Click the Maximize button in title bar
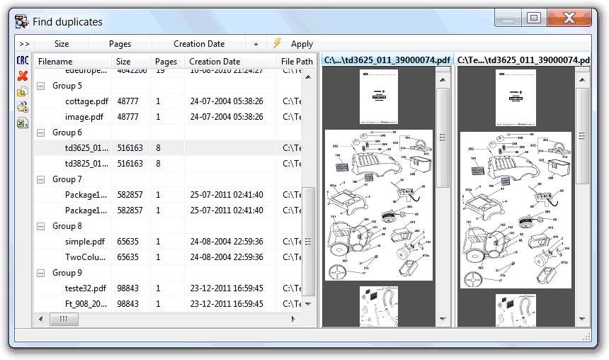click(534, 18)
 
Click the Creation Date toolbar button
click(199, 44)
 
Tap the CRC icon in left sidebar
click(23, 62)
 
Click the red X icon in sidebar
click(23, 76)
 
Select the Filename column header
click(55, 62)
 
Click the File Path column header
click(296, 62)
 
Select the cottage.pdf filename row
click(86, 101)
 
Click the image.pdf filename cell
click(84, 117)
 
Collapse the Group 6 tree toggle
click(40, 133)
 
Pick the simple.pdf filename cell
click(85, 242)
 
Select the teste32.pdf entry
click(86, 288)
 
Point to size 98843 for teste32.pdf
click(130, 288)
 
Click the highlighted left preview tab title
click(387, 60)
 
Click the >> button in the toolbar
click(24, 44)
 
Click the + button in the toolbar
click(256, 44)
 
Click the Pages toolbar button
click(120, 44)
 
